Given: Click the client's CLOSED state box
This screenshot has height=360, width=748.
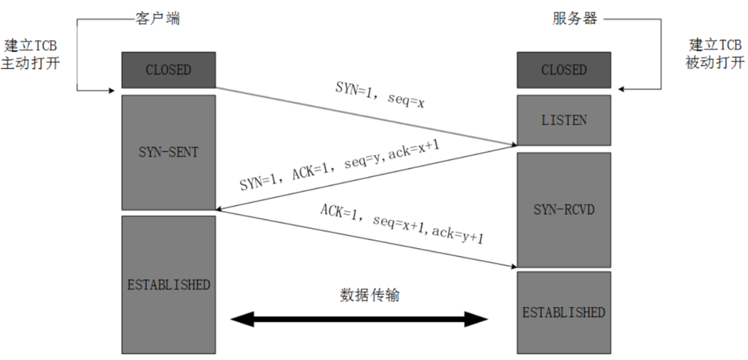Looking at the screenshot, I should click(x=169, y=70).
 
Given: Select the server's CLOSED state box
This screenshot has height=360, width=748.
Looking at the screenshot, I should click(x=563, y=70).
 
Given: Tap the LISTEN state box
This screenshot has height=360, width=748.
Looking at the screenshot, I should click(x=563, y=120).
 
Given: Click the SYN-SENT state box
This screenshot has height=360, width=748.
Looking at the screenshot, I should click(x=169, y=152).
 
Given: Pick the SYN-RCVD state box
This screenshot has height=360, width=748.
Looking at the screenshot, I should click(x=563, y=210).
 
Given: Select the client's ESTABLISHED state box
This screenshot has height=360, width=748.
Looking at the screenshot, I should click(x=169, y=284).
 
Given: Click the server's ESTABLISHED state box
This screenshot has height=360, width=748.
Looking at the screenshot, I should click(x=563, y=312).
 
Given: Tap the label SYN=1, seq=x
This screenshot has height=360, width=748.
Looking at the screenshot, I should click(x=380, y=95).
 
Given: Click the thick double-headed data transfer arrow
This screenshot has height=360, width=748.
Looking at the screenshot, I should click(x=359, y=320).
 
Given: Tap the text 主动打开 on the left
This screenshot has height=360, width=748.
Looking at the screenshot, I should click(x=30, y=63).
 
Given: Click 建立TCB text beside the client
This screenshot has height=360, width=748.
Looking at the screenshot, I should click(x=30, y=45).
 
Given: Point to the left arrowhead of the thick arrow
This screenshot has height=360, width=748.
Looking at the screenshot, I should click(x=239, y=320).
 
